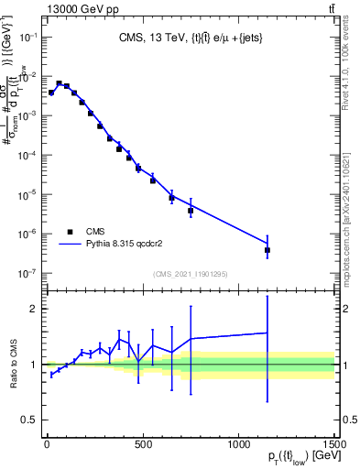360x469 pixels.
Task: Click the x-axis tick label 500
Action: tap(143, 444)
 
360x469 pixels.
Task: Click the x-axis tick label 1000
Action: tap(238, 444)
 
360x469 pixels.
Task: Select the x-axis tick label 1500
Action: tap(333, 444)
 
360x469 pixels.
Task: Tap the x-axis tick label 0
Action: tap(47, 444)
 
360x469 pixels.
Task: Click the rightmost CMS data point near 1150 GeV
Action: tap(267, 249)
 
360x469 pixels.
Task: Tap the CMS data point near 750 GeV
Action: tap(191, 211)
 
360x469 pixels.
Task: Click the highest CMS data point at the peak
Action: tap(59, 83)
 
